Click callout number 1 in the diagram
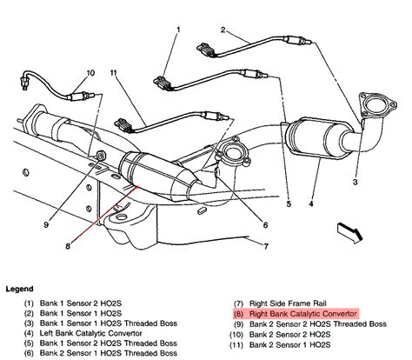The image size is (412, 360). click(178, 32)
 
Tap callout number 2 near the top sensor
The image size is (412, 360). click(223, 32)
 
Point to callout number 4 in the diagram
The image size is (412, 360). click(310, 207)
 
